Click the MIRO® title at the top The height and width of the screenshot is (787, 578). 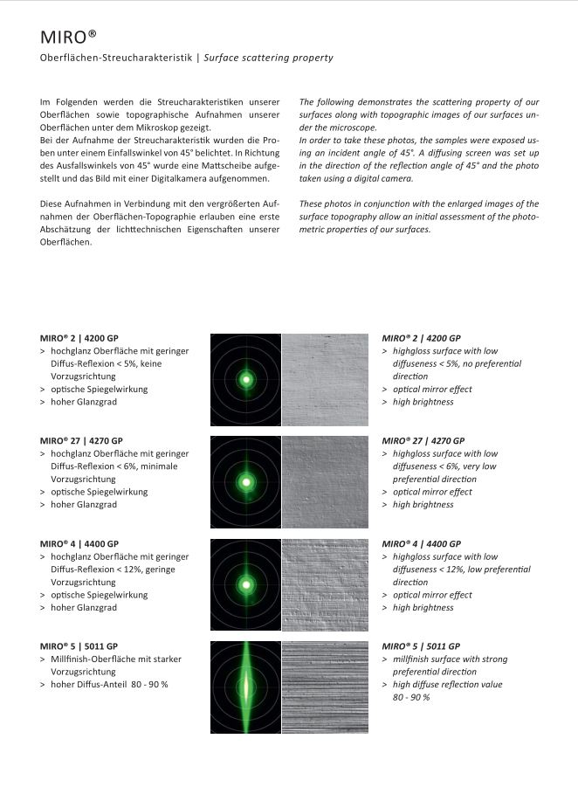(x=68, y=37)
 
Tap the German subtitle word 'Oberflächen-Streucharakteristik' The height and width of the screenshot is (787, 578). (x=117, y=58)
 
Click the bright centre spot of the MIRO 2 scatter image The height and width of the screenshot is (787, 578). (x=246, y=380)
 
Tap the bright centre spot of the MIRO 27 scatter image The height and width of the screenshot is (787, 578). (x=246, y=482)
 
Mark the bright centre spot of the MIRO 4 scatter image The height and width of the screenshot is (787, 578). (x=246, y=585)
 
